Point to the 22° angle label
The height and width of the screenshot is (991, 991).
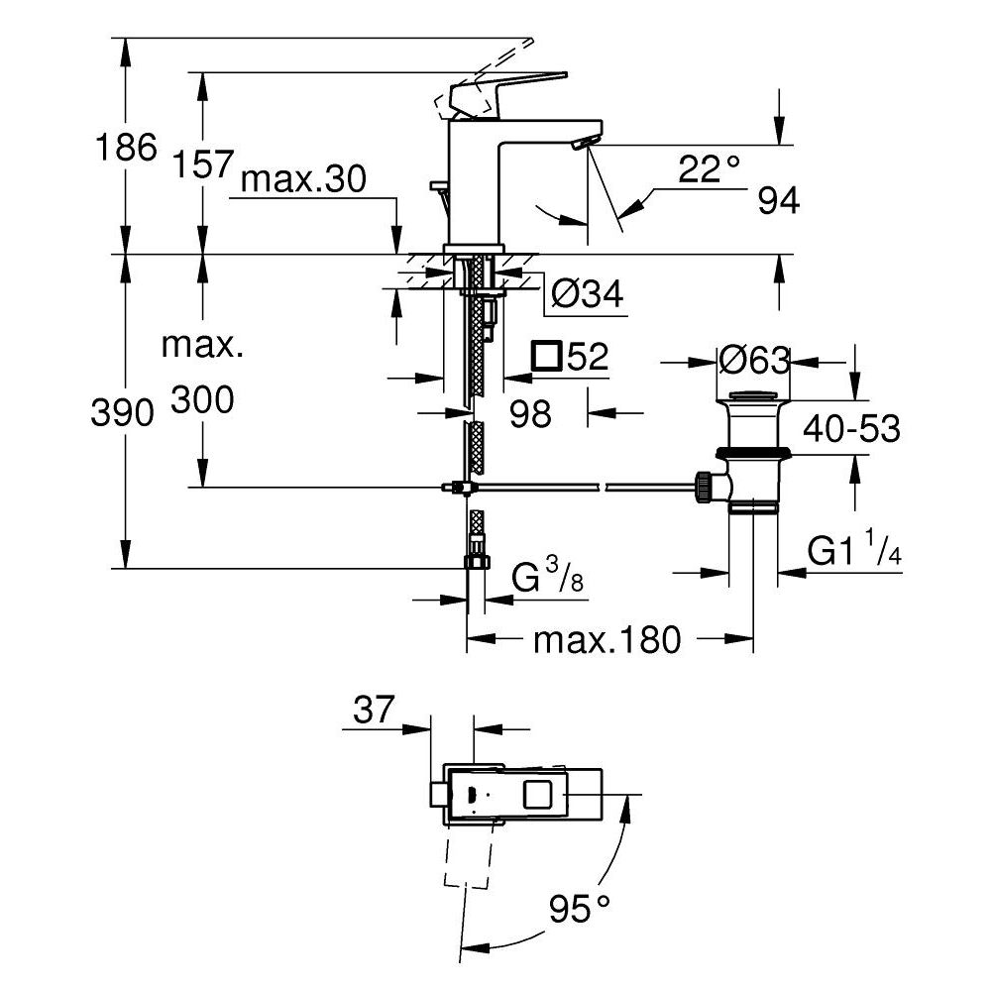pos(711,169)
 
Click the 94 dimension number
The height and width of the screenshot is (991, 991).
pos(778,201)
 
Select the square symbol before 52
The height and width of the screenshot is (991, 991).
pos(546,356)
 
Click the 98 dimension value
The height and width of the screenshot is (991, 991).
pos(529,413)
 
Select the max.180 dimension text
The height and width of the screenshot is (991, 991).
pos(606,640)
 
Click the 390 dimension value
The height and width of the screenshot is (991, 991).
pos(123,412)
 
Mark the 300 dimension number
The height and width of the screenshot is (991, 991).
pos(202,400)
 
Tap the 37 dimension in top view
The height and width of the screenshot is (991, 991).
pos(373,710)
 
